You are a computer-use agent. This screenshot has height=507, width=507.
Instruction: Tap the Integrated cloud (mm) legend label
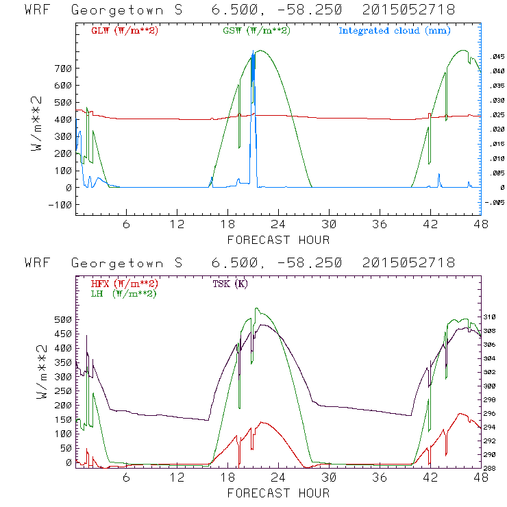coord(395,31)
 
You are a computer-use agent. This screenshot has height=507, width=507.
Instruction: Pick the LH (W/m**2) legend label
coord(123,293)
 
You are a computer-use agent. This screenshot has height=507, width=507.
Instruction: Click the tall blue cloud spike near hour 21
coord(253,116)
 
